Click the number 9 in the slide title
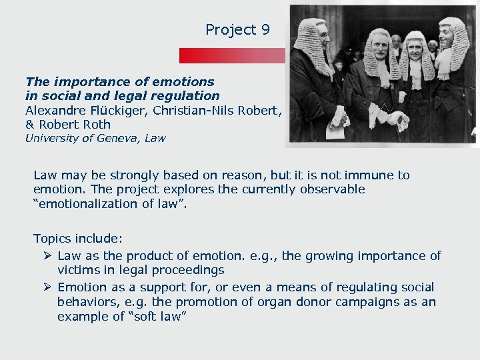click(x=265, y=29)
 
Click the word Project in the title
click(x=231, y=30)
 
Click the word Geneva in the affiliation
click(x=114, y=139)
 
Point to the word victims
click(x=79, y=270)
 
